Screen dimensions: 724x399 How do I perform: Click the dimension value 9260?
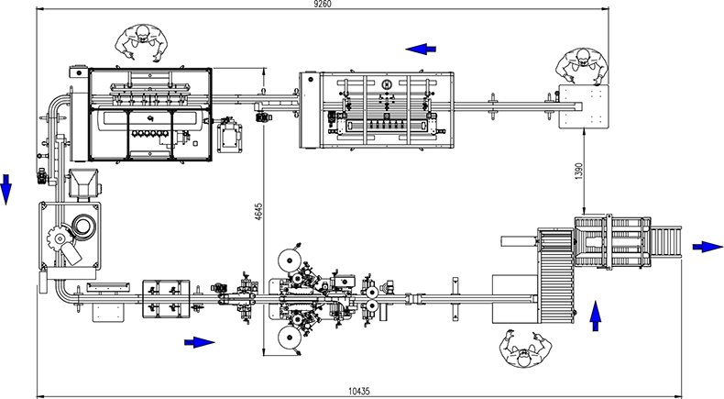[x=323, y=5]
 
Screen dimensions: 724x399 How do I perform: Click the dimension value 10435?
[x=358, y=391]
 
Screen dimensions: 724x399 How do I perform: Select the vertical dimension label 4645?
[x=258, y=211]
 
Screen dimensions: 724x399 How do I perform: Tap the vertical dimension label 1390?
[x=580, y=171]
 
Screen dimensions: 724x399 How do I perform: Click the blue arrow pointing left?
[x=421, y=49]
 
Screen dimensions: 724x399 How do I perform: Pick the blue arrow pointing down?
[x=5, y=190]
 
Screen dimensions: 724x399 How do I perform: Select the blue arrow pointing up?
[x=596, y=316]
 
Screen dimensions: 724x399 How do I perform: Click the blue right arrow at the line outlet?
[x=708, y=247]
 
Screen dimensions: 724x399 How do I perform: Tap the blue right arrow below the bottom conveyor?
[x=200, y=343]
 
